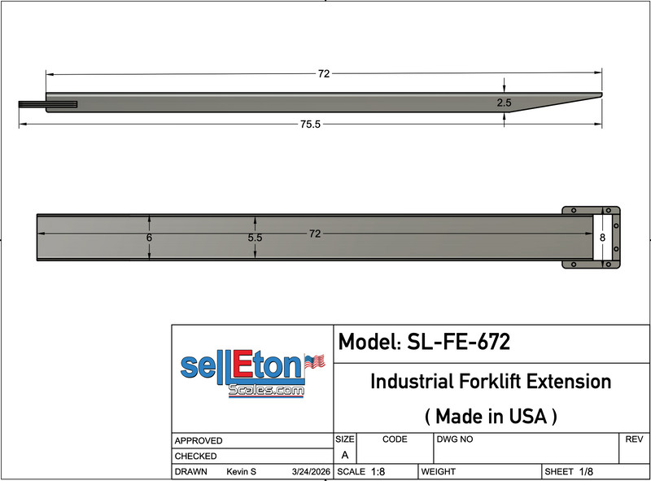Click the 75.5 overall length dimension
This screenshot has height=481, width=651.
point(311,125)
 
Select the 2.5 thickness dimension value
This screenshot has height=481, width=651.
point(505,103)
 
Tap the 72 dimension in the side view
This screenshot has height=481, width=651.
point(323,73)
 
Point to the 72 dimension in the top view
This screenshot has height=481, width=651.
point(314,234)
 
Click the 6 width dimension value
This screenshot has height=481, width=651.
point(149,238)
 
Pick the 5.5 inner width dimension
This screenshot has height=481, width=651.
point(255,238)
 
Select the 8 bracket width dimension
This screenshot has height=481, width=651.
point(602,238)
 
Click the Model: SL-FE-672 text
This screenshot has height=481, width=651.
point(424,343)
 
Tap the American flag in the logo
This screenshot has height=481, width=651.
point(314,361)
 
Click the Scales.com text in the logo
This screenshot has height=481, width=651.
point(266,391)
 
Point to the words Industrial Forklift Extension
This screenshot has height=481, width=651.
point(491,381)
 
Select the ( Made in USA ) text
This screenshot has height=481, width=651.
point(491,416)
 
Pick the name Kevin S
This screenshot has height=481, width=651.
point(241,472)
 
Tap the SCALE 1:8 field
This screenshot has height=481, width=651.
point(361,472)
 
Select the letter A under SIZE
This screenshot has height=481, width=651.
point(344,456)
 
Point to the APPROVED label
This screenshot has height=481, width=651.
point(199,440)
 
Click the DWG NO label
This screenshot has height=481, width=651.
point(454,439)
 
